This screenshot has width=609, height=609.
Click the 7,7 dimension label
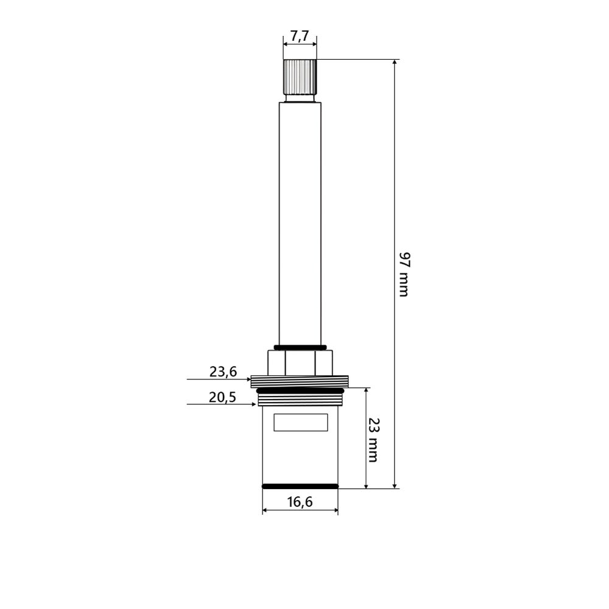[x=300, y=36]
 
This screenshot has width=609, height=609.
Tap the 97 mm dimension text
[x=404, y=275]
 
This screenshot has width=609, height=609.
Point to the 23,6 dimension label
[x=223, y=371]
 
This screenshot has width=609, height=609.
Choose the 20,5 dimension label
[x=222, y=397]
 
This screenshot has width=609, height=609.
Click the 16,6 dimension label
[x=300, y=502]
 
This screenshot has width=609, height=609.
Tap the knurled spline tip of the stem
[x=300, y=77]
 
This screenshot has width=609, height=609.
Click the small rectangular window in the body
[x=301, y=422]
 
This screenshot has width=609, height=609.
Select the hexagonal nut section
[x=300, y=363]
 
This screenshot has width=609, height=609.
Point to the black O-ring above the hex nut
[x=300, y=347]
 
